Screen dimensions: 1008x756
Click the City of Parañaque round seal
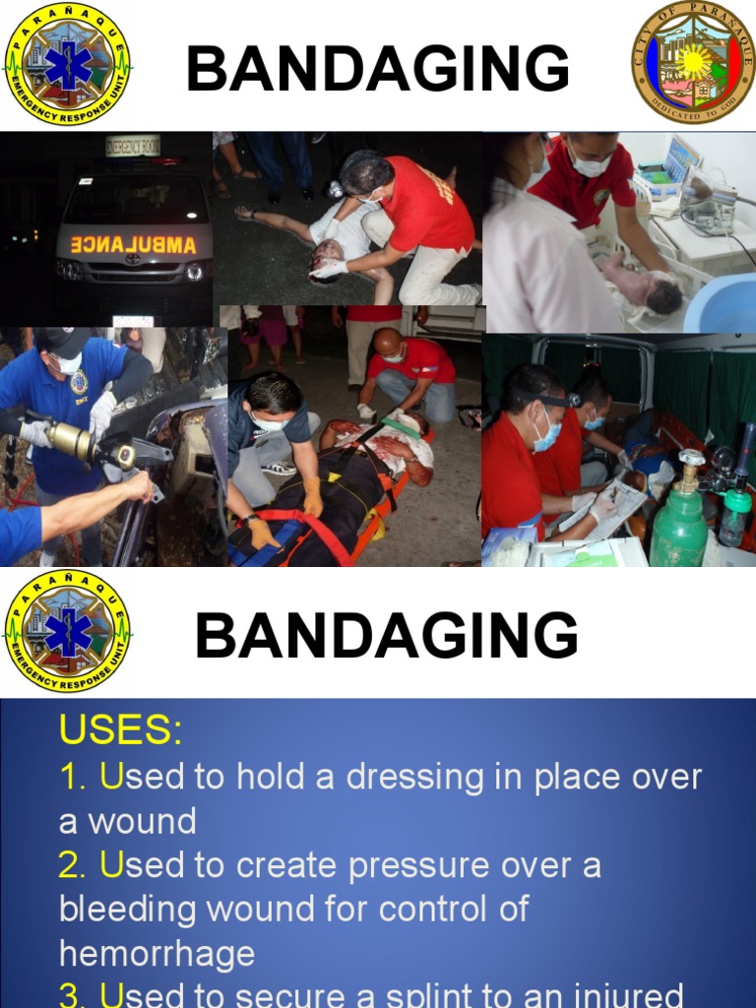click(693, 62)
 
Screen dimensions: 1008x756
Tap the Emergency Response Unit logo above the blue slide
click(68, 630)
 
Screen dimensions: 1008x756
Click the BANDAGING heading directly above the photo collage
click(378, 70)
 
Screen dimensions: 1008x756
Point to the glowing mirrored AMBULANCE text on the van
click(134, 244)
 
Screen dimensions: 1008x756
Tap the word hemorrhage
click(157, 953)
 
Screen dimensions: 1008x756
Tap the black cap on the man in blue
click(63, 343)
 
